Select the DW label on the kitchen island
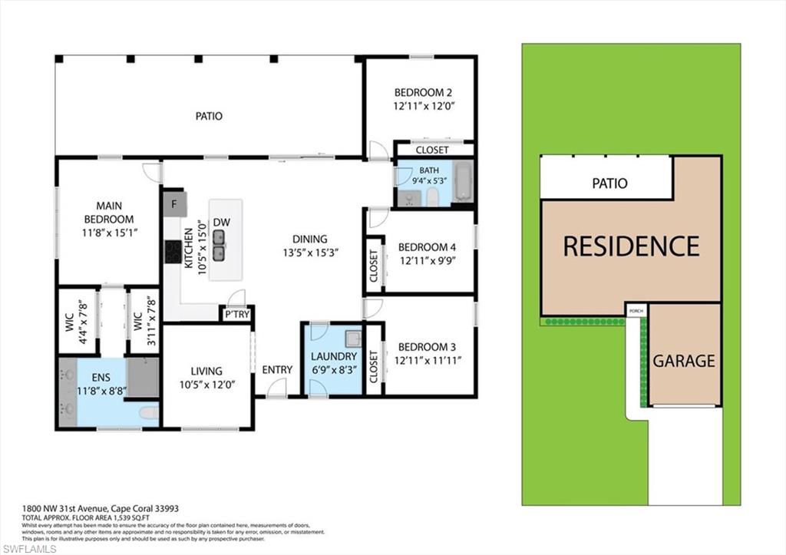(x=222, y=223)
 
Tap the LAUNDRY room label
(x=334, y=356)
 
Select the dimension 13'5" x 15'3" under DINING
(x=309, y=252)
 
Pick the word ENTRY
(x=277, y=369)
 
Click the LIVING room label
(x=206, y=371)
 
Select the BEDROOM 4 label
(x=427, y=247)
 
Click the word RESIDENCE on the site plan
(x=631, y=246)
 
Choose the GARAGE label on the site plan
(x=684, y=360)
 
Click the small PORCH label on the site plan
(x=636, y=310)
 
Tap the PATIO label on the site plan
(x=609, y=183)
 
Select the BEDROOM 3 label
(x=427, y=347)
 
